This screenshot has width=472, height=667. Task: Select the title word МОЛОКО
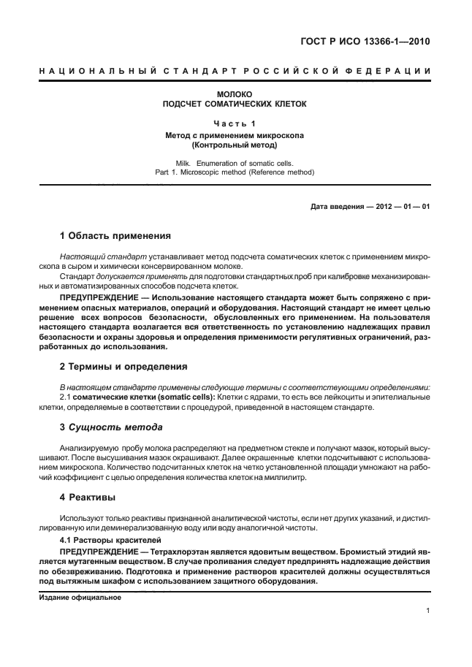[x=235, y=94]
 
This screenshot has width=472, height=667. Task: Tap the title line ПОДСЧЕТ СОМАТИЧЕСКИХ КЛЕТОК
[x=235, y=104]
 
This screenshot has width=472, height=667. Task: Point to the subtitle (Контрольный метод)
[x=235, y=145]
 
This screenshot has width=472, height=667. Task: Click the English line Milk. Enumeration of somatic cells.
[x=235, y=163]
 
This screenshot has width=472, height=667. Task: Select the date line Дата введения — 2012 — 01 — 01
[x=370, y=206]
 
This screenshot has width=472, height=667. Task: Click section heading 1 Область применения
[x=115, y=236]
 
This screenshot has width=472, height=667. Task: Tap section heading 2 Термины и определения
[x=123, y=366]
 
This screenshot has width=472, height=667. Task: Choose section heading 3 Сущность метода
[x=110, y=426]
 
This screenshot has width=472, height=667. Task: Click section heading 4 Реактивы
[x=90, y=496]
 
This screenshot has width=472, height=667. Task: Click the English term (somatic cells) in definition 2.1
[x=182, y=396]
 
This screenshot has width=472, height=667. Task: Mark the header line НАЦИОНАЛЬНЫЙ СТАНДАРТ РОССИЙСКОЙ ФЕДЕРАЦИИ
[x=235, y=70]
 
